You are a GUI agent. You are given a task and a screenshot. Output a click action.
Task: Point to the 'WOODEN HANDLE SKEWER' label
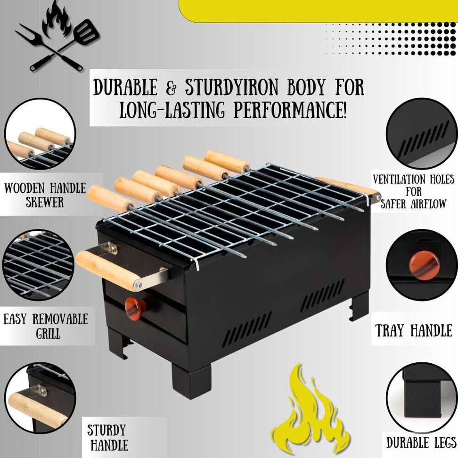click(x=45, y=195)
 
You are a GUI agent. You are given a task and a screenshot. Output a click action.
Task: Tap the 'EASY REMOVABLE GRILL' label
click(x=46, y=326)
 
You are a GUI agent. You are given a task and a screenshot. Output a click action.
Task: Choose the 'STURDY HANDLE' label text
click(x=107, y=437)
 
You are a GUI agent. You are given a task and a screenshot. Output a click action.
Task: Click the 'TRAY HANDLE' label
click(x=414, y=330)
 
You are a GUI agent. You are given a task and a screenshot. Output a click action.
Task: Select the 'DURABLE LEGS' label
click(x=421, y=442)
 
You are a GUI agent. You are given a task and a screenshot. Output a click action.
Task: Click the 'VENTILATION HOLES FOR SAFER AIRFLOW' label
click(x=414, y=191)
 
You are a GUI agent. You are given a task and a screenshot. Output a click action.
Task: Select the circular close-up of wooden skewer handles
click(x=40, y=134)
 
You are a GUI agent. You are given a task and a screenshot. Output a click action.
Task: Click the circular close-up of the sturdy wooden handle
click(x=40, y=398)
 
